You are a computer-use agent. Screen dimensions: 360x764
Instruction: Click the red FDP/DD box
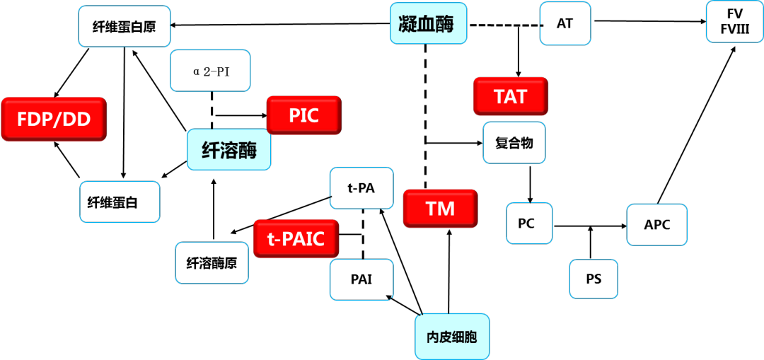(54, 119)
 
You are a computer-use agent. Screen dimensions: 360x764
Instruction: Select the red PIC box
(303, 115)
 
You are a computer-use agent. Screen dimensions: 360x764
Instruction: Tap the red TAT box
(510, 96)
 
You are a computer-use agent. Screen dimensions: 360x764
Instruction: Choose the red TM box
(440, 209)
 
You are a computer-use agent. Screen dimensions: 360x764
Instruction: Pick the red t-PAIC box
(296, 239)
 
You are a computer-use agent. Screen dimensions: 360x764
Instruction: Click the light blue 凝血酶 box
(428, 23)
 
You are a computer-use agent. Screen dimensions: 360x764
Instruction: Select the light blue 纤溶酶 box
(228, 150)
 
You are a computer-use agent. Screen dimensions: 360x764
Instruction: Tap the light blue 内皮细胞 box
(451, 337)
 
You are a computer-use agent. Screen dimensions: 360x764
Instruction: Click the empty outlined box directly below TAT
(514, 143)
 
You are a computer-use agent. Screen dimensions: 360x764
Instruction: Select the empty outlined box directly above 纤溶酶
(210, 71)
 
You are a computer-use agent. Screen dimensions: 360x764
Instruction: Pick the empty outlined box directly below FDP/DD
(120, 202)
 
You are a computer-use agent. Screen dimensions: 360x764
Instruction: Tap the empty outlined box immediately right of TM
(529, 223)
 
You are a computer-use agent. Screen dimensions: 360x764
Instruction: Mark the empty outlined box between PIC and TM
(361, 188)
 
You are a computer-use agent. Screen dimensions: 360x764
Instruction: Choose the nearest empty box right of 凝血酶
(565, 23)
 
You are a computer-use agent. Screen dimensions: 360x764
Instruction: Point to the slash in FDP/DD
(58, 120)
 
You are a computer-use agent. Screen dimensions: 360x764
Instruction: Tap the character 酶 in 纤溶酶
(248, 150)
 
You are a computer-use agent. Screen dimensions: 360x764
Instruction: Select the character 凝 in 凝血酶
(407, 23)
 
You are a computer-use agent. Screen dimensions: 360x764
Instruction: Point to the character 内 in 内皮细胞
(432, 337)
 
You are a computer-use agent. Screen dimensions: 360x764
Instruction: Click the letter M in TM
(448, 209)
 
